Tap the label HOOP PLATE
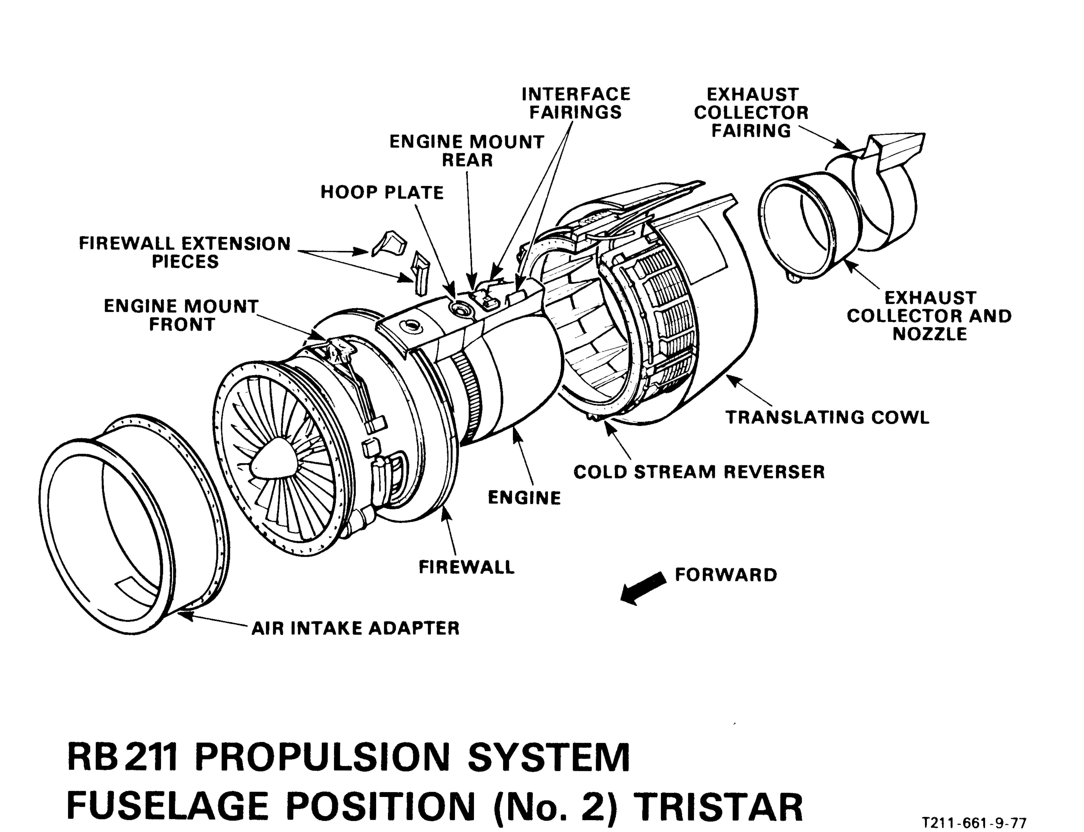point(382,193)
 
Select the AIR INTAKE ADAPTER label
point(355,628)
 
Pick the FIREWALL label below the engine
point(466,567)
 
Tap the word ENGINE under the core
point(524,498)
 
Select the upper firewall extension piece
point(389,243)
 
